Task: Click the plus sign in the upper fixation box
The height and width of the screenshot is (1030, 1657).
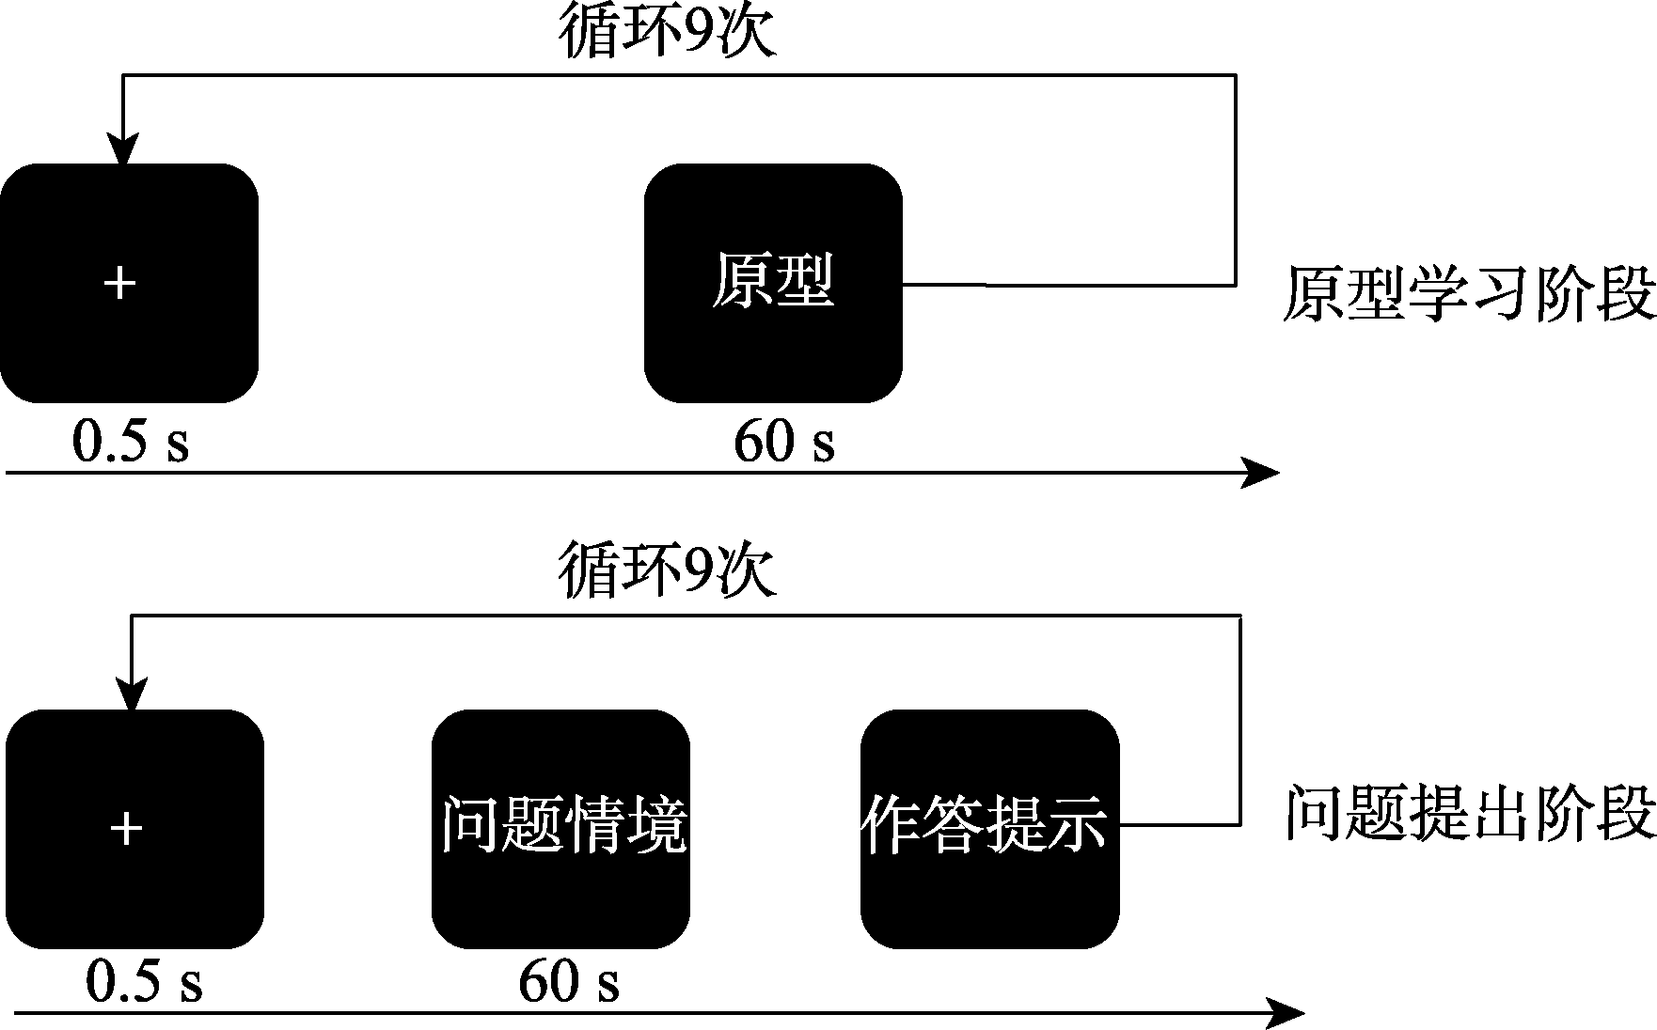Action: [x=119, y=283]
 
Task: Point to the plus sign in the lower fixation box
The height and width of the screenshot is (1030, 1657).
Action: [x=127, y=829]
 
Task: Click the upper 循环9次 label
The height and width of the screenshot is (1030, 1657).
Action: [x=667, y=34]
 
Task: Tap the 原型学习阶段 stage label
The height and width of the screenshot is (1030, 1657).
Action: [x=1469, y=294]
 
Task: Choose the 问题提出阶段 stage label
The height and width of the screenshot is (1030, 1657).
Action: [x=1470, y=814]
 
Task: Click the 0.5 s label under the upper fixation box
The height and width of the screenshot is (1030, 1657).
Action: [x=131, y=442]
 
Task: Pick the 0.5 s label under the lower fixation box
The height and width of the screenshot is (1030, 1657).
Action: [x=144, y=983]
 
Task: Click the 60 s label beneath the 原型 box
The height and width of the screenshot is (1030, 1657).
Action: [x=783, y=442]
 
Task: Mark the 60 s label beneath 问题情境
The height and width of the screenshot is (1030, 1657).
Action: [x=569, y=983]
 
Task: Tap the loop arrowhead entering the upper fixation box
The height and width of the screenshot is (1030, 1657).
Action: [x=122, y=150]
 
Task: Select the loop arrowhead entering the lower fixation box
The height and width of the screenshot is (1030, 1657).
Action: [x=131, y=695]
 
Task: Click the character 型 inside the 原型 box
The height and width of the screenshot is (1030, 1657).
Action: [x=804, y=282]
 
